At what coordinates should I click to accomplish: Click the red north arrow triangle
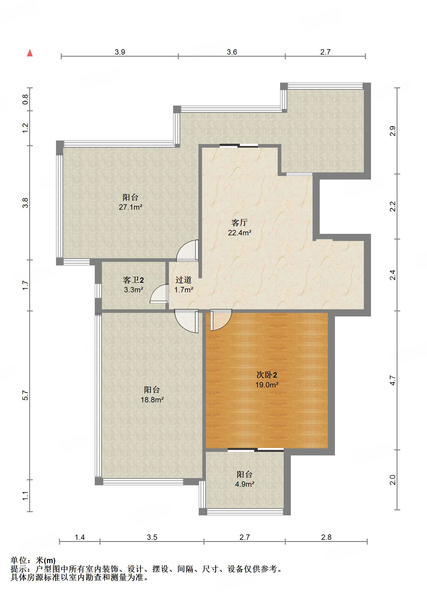[x=30, y=53]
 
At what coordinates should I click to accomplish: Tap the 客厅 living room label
[x=240, y=222]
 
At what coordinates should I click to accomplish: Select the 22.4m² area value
[x=240, y=233]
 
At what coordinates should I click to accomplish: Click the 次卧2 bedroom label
[x=267, y=375]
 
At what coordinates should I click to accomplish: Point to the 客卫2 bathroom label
[x=133, y=280]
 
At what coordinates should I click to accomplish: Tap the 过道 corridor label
[x=184, y=280]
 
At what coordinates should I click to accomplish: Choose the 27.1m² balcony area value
[x=131, y=207]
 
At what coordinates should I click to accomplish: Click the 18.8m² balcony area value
[x=152, y=400]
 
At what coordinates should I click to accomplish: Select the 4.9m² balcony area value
[x=245, y=484]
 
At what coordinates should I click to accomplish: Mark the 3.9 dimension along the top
[x=120, y=52]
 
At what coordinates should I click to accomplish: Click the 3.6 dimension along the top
[x=232, y=52]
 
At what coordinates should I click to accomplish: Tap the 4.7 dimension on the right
[x=393, y=380]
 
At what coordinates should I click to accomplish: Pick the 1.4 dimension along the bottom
[x=80, y=537]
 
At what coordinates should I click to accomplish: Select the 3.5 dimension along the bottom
[x=152, y=537]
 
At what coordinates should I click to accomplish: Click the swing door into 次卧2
[x=221, y=320]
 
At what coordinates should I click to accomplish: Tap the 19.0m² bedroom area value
[x=267, y=385]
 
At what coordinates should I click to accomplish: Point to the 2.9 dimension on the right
[x=393, y=131]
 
